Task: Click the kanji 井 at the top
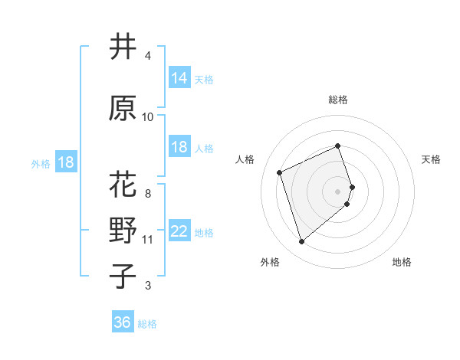click(123, 47)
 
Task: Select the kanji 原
click(123, 109)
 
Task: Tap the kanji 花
click(123, 185)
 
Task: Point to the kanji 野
click(123, 231)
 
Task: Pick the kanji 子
click(123, 276)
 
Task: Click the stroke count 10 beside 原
click(148, 117)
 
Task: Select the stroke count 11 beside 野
click(148, 240)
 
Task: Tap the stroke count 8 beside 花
click(148, 184)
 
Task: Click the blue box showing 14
click(179, 78)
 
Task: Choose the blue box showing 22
click(179, 231)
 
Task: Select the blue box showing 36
click(123, 322)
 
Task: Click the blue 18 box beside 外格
click(65, 162)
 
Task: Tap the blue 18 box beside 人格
click(179, 147)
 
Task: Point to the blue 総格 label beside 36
click(147, 324)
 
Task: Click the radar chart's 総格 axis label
click(338, 100)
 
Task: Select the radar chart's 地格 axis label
click(402, 262)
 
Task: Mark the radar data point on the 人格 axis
click(280, 172)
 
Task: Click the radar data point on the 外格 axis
click(302, 242)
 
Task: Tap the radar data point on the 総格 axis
click(338, 146)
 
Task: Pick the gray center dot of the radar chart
click(338, 190)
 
